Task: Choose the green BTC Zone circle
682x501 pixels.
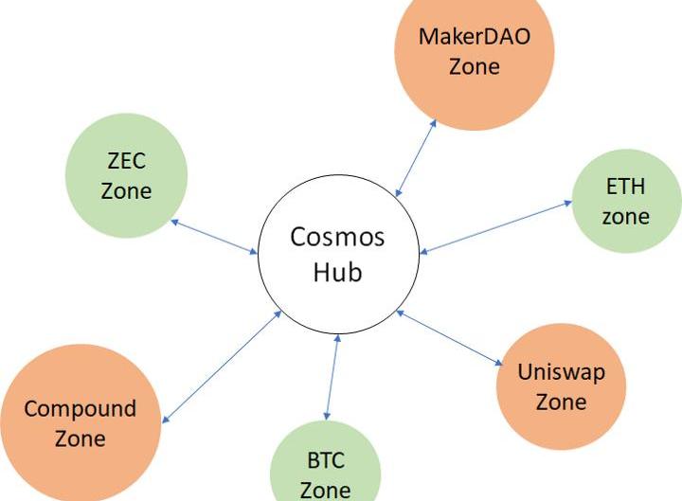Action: click(x=325, y=469)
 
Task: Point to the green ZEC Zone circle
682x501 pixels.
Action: click(x=126, y=175)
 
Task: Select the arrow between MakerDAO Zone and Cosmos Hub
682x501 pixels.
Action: click(x=417, y=157)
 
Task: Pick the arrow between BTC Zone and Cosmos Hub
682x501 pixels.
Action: click(x=332, y=377)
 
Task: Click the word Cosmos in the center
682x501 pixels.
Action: click(x=337, y=236)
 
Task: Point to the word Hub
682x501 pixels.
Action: click(x=338, y=273)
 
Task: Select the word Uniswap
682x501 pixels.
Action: click(x=561, y=370)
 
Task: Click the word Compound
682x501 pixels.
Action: click(x=81, y=409)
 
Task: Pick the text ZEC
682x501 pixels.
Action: click(x=126, y=161)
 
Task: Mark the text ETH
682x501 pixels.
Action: click(x=625, y=186)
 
